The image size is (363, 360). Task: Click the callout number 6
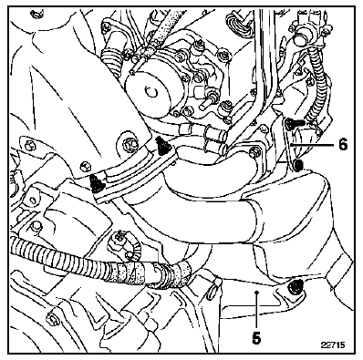(343, 144)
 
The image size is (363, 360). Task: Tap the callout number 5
(256, 338)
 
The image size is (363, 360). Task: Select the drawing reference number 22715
(333, 345)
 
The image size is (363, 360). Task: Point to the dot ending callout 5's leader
(257, 292)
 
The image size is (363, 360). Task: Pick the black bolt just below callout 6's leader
(299, 165)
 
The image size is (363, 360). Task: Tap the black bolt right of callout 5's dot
(295, 286)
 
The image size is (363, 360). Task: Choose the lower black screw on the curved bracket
(98, 183)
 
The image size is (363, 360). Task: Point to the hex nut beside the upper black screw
(130, 143)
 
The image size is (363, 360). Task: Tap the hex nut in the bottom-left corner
(52, 318)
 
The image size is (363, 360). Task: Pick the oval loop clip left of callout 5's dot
(215, 284)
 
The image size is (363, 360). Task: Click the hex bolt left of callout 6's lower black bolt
(254, 152)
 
